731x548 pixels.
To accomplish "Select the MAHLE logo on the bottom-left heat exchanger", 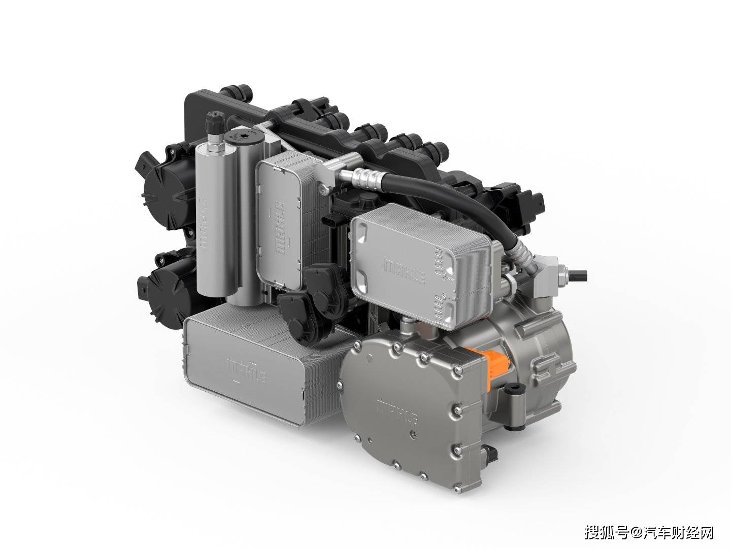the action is click(246, 370).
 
